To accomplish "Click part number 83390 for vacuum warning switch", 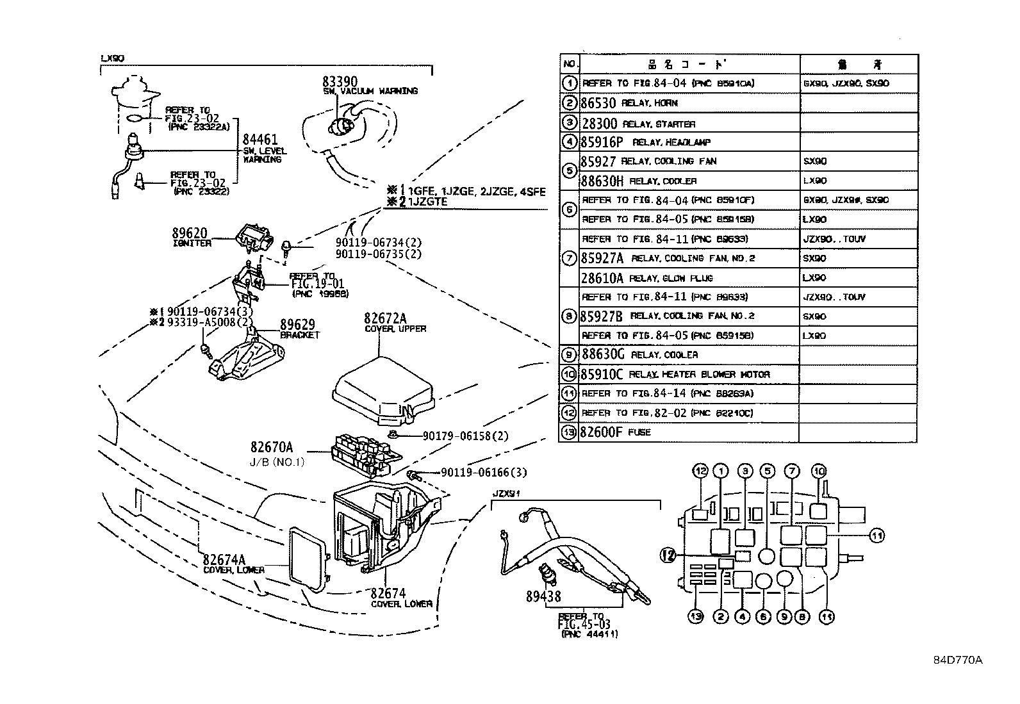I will (x=340, y=81).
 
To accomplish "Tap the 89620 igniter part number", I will (x=190, y=233).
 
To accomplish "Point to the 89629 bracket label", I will (x=297, y=325).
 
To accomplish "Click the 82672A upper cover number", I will (x=386, y=318).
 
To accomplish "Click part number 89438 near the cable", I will (x=543, y=596).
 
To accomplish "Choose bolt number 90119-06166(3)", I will (x=484, y=473).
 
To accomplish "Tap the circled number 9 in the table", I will (x=568, y=354).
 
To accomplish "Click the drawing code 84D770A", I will (x=957, y=660).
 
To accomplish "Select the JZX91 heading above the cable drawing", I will (x=505, y=494).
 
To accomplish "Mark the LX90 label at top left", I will (x=113, y=58).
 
